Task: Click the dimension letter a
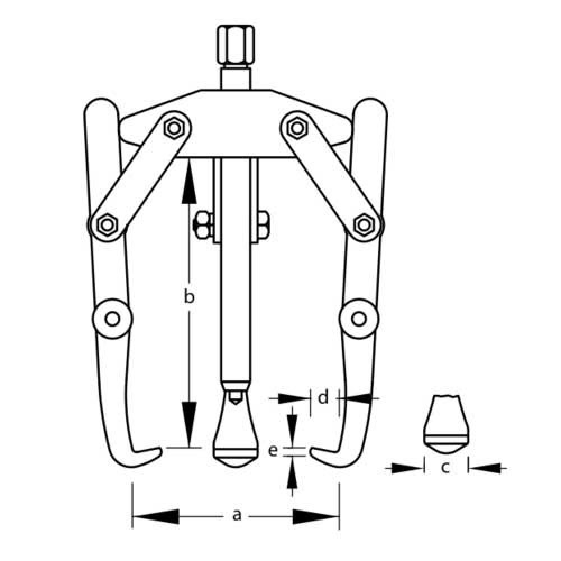237,516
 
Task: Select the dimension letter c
445,467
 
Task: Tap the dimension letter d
323,397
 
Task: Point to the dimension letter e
273,451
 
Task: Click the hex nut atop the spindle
236,44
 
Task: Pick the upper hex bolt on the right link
297,127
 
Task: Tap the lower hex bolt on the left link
107,224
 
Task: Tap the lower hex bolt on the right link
364,225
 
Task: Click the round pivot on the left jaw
112,319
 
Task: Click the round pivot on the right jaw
359,319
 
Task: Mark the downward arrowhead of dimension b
189,424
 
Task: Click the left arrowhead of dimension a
155,517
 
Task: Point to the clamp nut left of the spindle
203,226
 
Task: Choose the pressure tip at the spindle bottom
235,429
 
